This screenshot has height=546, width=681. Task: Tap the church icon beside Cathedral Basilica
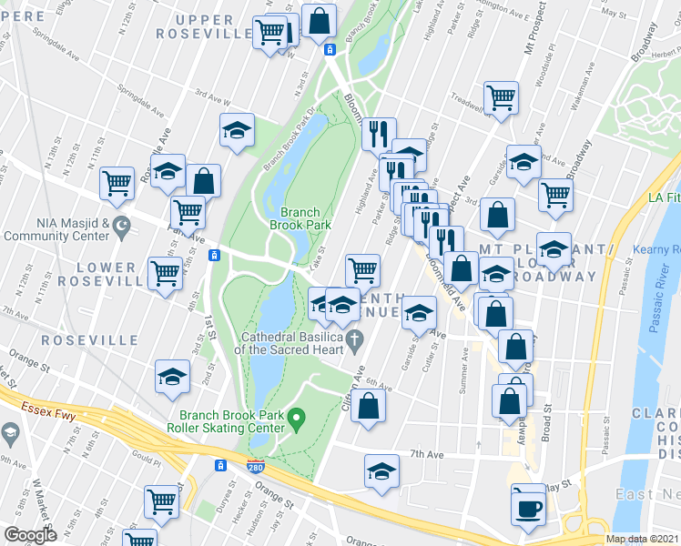[x=357, y=340]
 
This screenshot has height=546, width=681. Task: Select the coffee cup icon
[x=528, y=508]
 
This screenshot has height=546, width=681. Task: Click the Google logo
[x=30, y=535]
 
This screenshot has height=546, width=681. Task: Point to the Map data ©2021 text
[x=642, y=539]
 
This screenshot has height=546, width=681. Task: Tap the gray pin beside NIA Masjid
[x=118, y=235]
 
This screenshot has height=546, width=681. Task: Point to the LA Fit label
[x=664, y=197]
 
